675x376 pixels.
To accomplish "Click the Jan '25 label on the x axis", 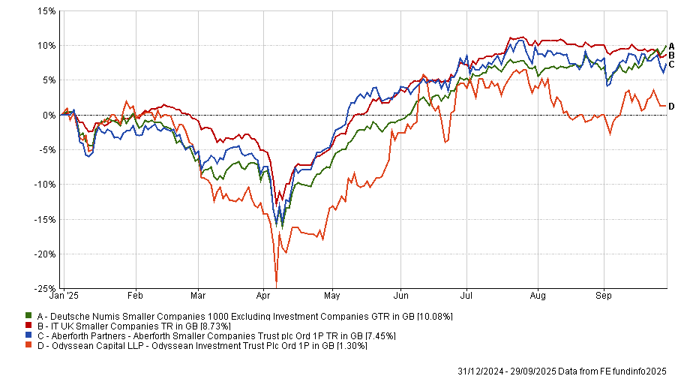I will [73, 296].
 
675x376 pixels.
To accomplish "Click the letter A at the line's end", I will [671, 45].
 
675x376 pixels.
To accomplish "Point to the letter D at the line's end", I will [671, 106].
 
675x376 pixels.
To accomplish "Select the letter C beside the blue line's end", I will [671, 65].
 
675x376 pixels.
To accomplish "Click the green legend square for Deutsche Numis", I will [28, 316].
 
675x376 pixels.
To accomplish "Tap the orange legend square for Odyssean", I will [28, 345].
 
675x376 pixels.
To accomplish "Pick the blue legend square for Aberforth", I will [28, 335].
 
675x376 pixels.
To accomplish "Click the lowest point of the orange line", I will [277, 285].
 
